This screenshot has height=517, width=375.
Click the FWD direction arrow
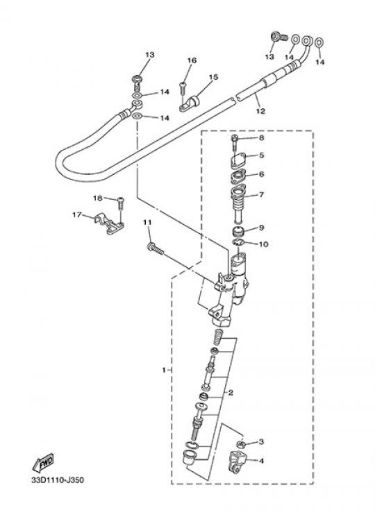(43, 464)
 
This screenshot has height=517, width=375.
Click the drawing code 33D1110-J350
(58, 480)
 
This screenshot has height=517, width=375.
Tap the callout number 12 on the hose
(260, 111)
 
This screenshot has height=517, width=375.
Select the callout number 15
(213, 77)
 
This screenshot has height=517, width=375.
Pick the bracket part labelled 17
(109, 224)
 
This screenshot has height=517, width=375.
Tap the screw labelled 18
(121, 204)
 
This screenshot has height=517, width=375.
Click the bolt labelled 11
(156, 249)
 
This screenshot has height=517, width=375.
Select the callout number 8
(262, 137)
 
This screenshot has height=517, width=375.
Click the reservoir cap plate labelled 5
(240, 160)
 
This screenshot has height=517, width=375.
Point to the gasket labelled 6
(240, 177)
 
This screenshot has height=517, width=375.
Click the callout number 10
(264, 244)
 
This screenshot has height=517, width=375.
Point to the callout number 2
(231, 392)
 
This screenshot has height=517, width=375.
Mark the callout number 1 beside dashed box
(164, 370)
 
